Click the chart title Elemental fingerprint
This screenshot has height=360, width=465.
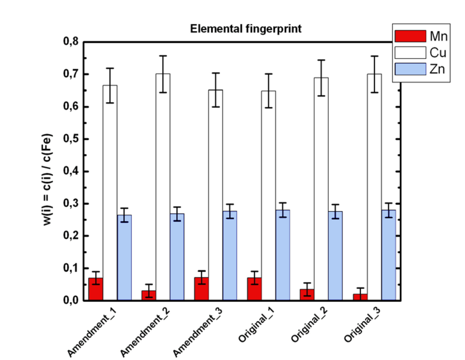tap(245, 29)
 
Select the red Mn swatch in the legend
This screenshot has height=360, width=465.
tap(410, 36)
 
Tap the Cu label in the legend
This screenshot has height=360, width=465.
tap(437, 53)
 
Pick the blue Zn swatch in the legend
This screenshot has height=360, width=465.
tap(410, 69)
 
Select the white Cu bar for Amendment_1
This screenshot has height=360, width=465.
tap(110, 192)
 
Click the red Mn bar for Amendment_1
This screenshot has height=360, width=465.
tap(96, 289)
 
